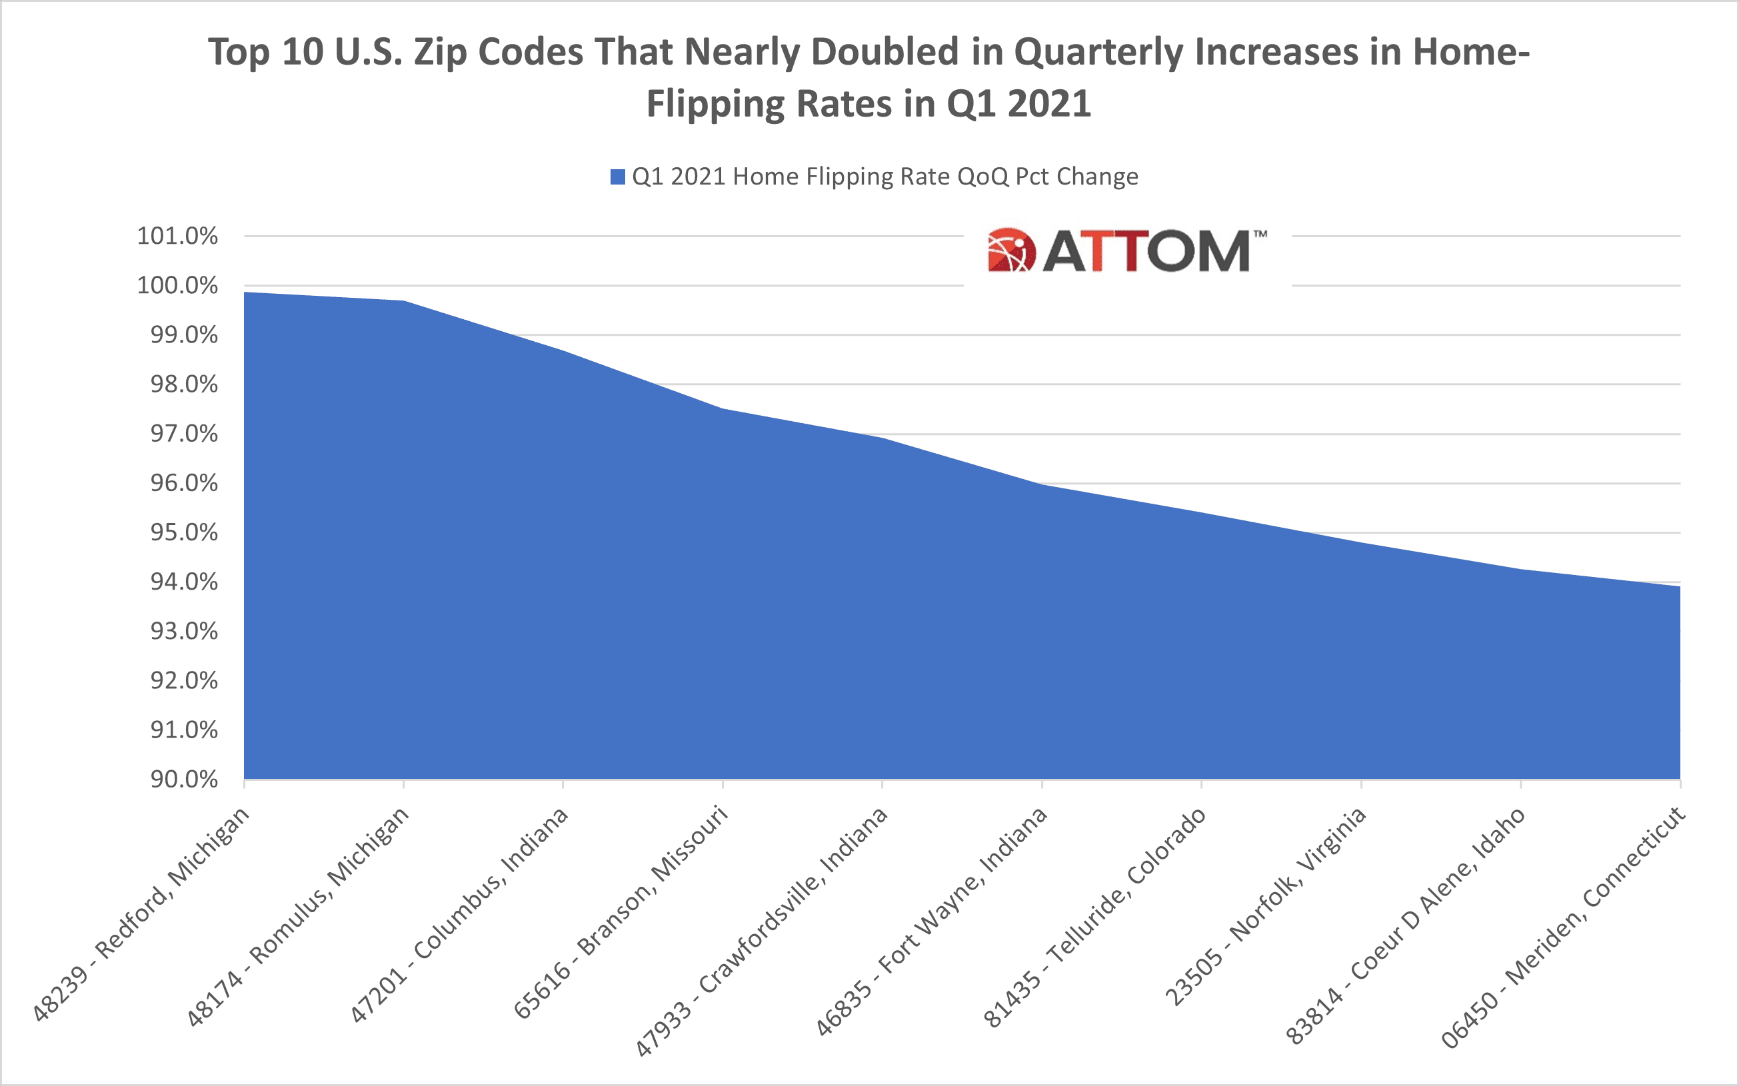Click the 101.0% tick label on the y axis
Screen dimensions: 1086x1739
click(x=177, y=237)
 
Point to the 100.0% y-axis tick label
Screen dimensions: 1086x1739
click(x=177, y=286)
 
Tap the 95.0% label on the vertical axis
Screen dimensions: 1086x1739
click(x=183, y=533)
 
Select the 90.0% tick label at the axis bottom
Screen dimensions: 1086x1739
click(x=183, y=780)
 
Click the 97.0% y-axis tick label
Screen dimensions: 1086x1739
click(x=183, y=434)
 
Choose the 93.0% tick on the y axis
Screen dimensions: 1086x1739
click(x=183, y=632)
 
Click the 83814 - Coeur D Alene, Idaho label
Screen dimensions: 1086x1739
click(x=1405, y=926)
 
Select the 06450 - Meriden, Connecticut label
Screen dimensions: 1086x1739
click(x=1564, y=927)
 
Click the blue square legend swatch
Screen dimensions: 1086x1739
click(x=617, y=177)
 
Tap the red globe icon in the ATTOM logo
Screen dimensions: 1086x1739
click(x=1012, y=251)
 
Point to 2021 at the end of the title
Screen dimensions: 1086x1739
click(x=1049, y=104)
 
